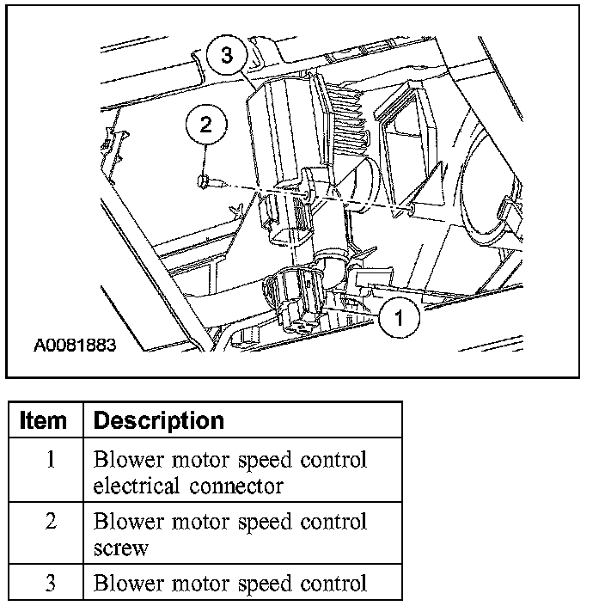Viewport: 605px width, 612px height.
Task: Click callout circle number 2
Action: coord(205,124)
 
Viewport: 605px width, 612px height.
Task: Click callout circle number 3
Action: coord(227,56)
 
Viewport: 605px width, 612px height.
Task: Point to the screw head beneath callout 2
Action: coord(203,181)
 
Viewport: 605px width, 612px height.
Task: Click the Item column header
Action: coord(43,420)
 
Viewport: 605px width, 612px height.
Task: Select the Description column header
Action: coord(158,420)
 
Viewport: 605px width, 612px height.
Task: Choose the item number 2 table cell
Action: coord(50,522)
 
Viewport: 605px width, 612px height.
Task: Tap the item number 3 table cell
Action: coord(50,583)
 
